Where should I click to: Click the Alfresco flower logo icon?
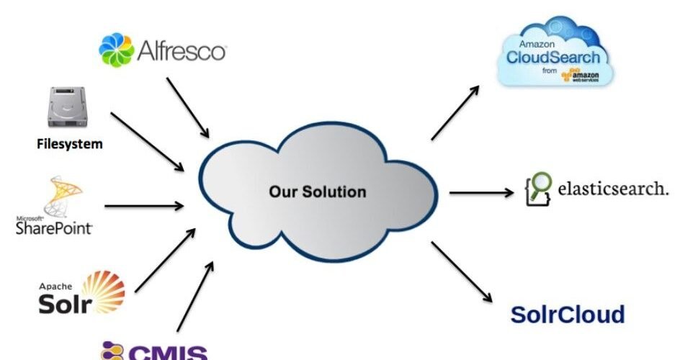116,50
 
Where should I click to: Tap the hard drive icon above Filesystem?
70,108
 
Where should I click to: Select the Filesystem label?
70,143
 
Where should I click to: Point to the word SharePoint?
54,228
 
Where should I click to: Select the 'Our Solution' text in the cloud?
318,192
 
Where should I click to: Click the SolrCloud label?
568,315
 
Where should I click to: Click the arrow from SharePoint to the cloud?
144,206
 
